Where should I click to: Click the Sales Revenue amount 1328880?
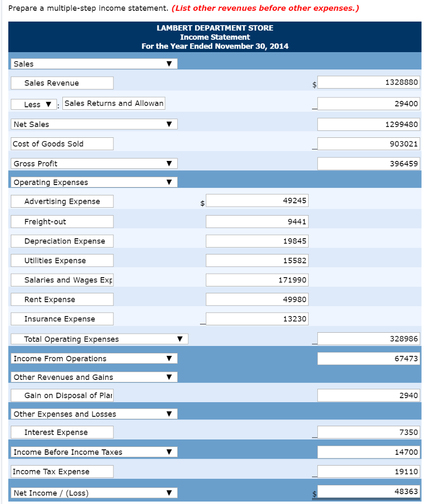pyautogui.click(x=369, y=83)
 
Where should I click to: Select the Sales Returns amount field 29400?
pyautogui.click(x=369, y=103)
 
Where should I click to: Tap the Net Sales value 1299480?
pyautogui.click(x=369, y=125)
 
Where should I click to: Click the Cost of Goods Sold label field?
pyautogui.click(x=62, y=144)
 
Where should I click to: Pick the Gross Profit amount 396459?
pyautogui.click(x=369, y=163)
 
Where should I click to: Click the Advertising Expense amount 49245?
pyautogui.click(x=256, y=201)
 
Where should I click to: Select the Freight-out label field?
pyautogui.click(x=62, y=221)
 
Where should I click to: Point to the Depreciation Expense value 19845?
pyautogui.click(x=256, y=241)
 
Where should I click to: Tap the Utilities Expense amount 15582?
pyautogui.click(x=256, y=260)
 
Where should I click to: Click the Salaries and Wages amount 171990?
pyautogui.click(x=256, y=280)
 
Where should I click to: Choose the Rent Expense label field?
pyautogui.click(x=62, y=299)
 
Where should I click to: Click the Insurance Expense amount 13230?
pyautogui.click(x=256, y=319)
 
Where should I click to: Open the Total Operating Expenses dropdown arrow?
pyautogui.click(x=180, y=339)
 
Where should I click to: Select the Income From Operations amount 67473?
pyautogui.click(x=369, y=358)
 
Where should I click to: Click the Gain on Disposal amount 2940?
pyautogui.click(x=369, y=395)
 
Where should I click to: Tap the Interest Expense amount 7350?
pyautogui.click(x=369, y=432)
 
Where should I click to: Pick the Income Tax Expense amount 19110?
pyautogui.click(x=369, y=472)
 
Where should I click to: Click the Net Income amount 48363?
pyautogui.click(x=369, y=491)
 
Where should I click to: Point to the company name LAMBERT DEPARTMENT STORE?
pyautogui.click(x=215, y=28)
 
